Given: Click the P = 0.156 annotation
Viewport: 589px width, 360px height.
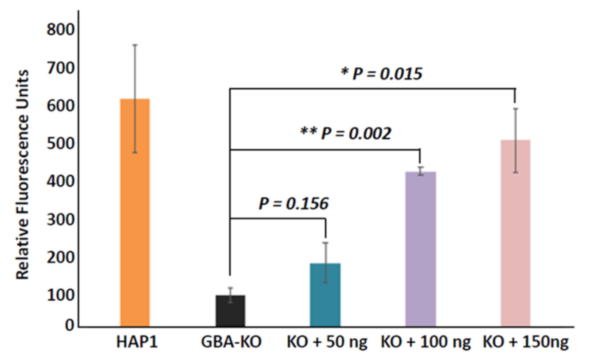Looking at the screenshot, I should tap(293, 204).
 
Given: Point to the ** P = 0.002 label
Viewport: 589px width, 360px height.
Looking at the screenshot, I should tap(345, 133).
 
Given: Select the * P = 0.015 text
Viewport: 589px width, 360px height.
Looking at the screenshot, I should tap(382, 73).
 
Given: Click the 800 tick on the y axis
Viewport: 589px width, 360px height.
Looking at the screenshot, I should tap(60, 30).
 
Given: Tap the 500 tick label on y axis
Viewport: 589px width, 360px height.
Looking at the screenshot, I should tap(60, 144).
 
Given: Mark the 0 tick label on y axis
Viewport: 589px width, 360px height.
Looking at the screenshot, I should tap(69, 325).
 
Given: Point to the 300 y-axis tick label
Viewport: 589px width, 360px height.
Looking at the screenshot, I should tap(60, 220).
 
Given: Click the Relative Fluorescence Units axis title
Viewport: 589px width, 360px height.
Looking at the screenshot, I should tap(22, 175).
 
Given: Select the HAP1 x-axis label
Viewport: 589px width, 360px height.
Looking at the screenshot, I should tap(137, 342).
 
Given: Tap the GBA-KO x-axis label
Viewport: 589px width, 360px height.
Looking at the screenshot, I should tap(231, 342).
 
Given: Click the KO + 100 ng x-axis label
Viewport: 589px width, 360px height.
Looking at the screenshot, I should tap(426, 342).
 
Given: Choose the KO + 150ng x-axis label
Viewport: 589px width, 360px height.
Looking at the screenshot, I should tap(525, 342).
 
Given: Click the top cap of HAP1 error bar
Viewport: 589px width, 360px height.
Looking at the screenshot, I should tap(135, 45).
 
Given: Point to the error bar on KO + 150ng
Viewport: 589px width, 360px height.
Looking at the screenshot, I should tap(515, 140).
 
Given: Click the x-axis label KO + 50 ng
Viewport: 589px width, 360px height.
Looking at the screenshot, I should tap(327, 342).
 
